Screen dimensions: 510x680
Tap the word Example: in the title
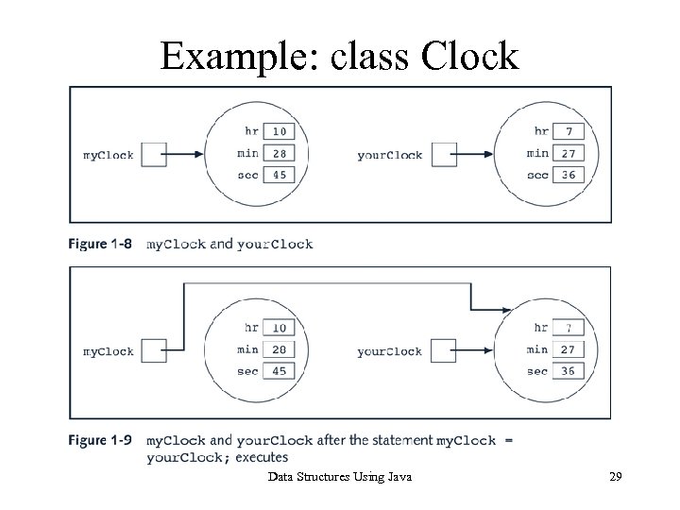[x=240, y=56]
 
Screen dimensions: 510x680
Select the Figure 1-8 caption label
[x=99, y=244]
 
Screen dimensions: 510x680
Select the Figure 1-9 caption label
[x=99, y=440]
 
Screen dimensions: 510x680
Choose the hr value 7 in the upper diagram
[x=567, y=130]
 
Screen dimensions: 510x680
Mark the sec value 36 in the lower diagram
[x=567, y=371]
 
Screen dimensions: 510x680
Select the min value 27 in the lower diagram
[x=567, y=349]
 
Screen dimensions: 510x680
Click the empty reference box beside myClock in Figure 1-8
[x=154, y=154]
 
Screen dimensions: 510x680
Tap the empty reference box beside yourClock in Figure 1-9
[x=444, y=351]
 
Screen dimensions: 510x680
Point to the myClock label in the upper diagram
[x=109, y=154]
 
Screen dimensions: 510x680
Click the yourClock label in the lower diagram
[x=389, y=351]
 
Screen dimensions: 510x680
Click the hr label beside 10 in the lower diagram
[x=250, y=328]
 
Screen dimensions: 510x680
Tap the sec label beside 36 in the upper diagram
[x=538, y=174]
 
